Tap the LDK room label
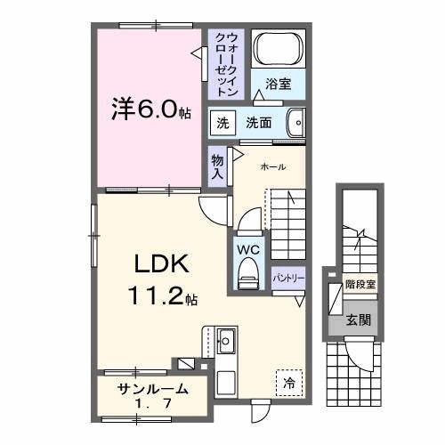coord(160,265)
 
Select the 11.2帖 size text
coord(160,296)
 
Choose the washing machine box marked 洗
coord(219,123)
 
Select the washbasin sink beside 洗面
coord(295,123)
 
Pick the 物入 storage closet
coord(217,166)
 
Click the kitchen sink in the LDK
coord(225,342)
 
